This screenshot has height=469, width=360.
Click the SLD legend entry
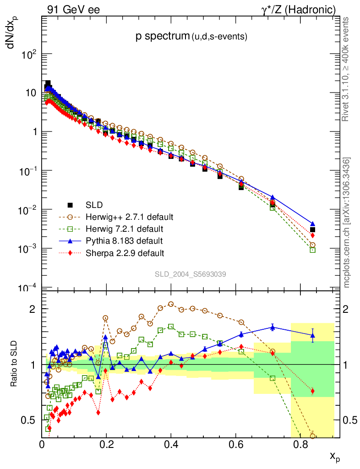coord(94,204)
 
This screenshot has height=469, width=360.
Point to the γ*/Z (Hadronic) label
coord(299,9)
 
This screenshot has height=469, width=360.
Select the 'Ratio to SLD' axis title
coord(15,364)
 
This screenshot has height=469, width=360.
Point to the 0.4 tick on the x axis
coord(171,444)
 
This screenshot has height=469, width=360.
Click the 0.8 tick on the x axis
coord(300,444)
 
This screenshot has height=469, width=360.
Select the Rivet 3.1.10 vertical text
coord(346,69)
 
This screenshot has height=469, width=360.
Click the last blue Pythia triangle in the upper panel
coord(312,224)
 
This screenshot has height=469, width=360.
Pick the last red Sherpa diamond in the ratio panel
coord(312,391)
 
